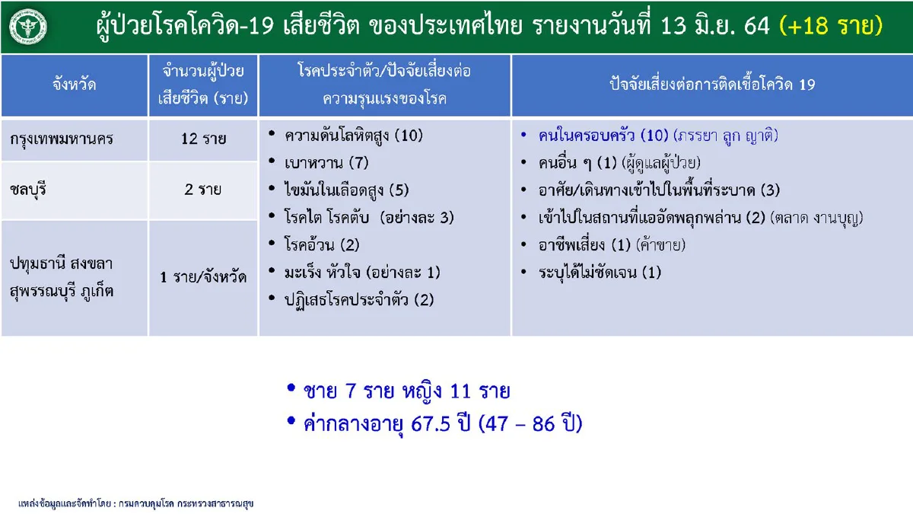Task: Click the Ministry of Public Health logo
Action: pyautogui.click(x=27, y=27)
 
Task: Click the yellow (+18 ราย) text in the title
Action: pyautogui.click(x=832, y=27)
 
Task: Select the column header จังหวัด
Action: pyautogui.click(x=75, y=85)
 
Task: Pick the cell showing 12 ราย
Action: pyautogui.click(x=203, y=140)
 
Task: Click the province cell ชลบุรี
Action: pyautogui.click(x=32, y=190)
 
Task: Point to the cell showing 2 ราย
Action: pyautogui.click(x=203, y=190)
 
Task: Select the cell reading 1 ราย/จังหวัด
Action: pyautogui.click(x=203, y=277)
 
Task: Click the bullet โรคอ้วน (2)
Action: pyautogui.click(x=321, y=245)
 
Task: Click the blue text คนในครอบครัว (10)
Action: pyautogui.click(x=603, y=136)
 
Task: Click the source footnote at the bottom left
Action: pyautogui.click(x=135, y=503)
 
